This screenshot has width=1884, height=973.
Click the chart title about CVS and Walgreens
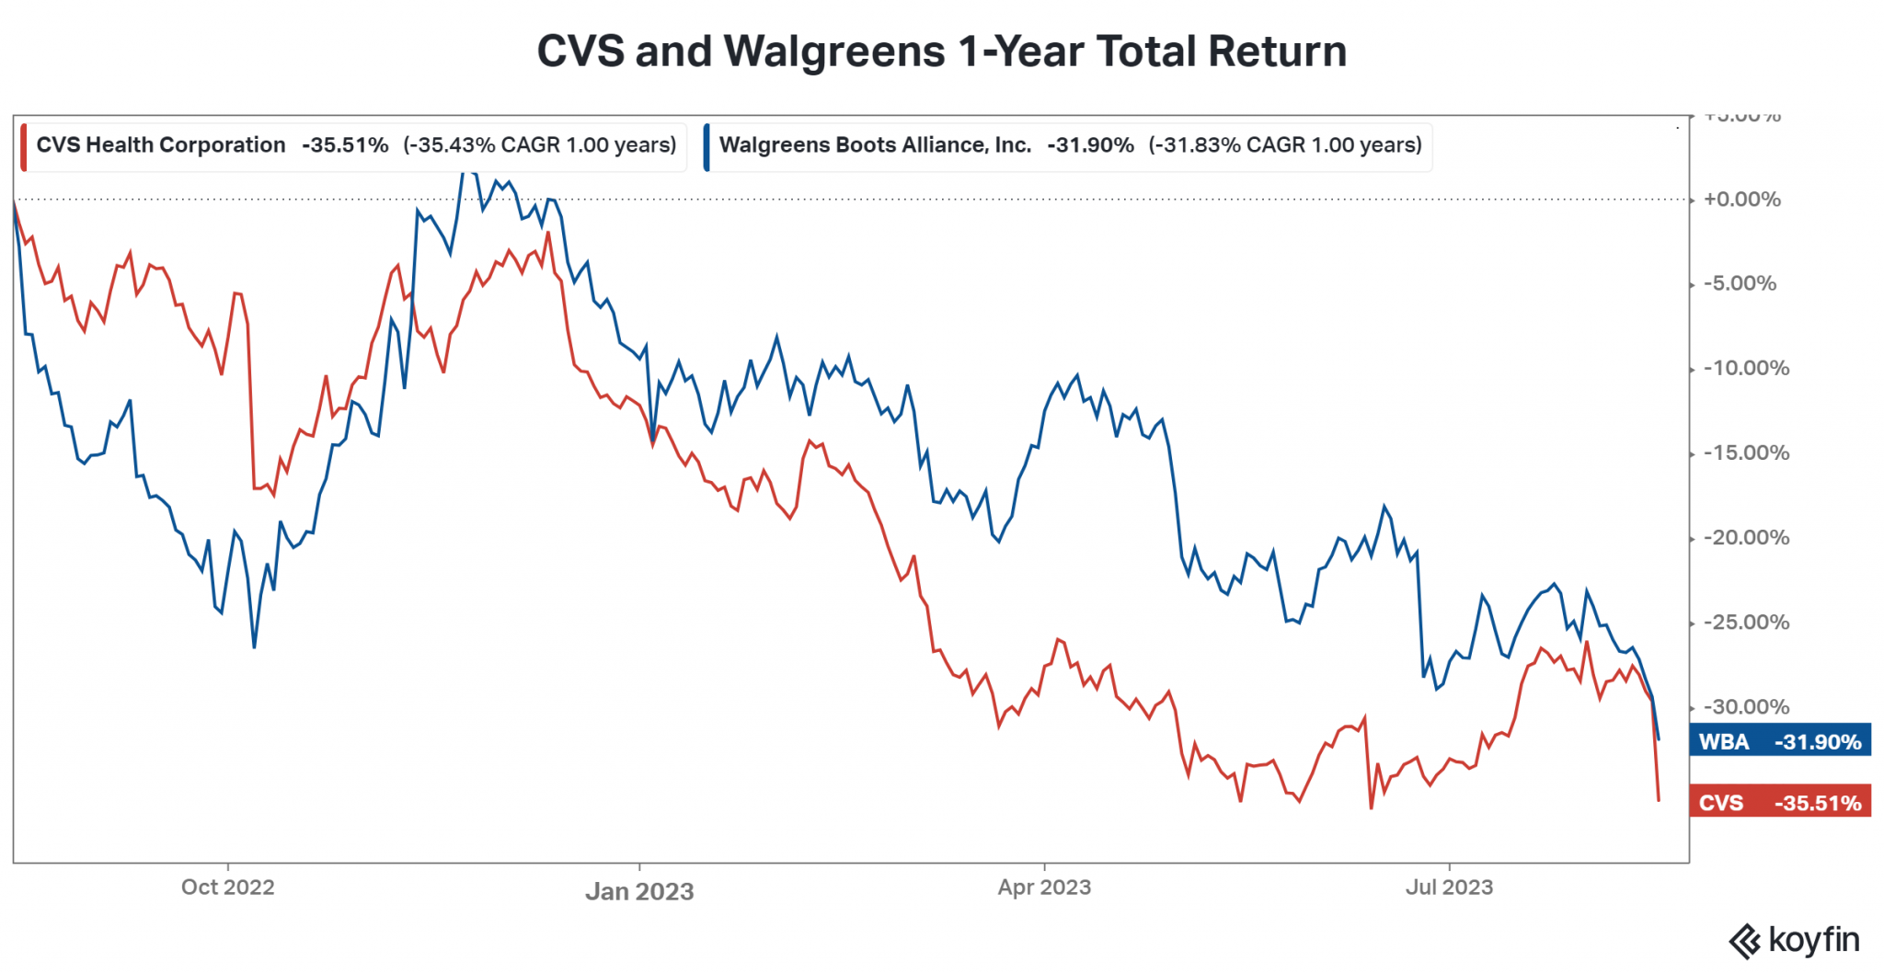pyautogui.click(x=941, y=52)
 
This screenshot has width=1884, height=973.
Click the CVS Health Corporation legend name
pyautogui.click(x=161, y=145)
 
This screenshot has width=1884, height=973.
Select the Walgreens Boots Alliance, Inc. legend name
pyautogui.click(x=875, y=145)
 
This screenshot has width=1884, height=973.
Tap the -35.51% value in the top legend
pyautogui.click(x=345, y=145)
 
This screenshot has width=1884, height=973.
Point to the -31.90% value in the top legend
pyautogui.click(x=1090, y=145)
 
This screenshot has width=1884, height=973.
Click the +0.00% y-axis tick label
pyautogui.click(x=1741, y=200)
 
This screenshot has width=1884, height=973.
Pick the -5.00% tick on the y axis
pyautogui.click(x=1740, y=283)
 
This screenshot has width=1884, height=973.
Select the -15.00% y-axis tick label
pyautogui.click(x=1745, y=452)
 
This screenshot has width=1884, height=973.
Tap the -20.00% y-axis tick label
pyautogui.click(x=1745, y=537)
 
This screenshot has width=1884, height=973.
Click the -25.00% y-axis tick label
pyautogui.click(x=1745, y=623)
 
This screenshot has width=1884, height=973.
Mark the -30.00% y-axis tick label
pyautogui.click(x=1745, y=707)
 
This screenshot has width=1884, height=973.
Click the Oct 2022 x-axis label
pyautogui.click(x=227, y=887)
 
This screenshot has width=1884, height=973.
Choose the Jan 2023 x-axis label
pyautogui.click(x=639, y=891)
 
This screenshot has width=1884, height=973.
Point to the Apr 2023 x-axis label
pyautogui.click(x=1044, y=887)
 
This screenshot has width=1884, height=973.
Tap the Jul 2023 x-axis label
pyautogui.click(x=1449, y=887)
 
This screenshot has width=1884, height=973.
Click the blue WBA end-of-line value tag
pyautogui.click(x=1780, y=741)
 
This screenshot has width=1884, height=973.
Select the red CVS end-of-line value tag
pyautogui.click(x=1780, y=802)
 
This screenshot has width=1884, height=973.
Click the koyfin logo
pyautogui.click(x=1794, y=941)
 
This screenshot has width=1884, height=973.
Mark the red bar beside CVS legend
pyautogui.click(x=24, y=147)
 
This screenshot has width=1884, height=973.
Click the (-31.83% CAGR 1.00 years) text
pyautogui.click(x=1285, y=145)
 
